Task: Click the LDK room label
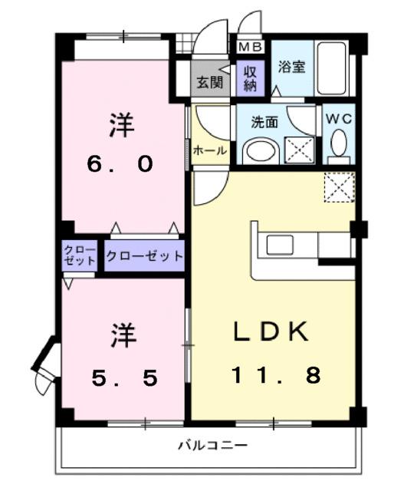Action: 271,333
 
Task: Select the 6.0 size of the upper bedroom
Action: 121,164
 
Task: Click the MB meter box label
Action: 251,48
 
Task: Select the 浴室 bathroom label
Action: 292,66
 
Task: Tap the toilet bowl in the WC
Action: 337,143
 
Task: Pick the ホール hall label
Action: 209,150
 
